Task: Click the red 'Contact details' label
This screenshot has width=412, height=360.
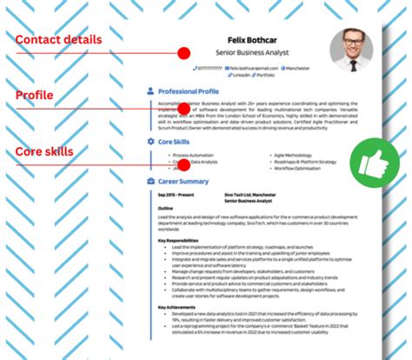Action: click(x=58, y=39)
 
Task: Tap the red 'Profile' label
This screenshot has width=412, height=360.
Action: click(x=34, y=95)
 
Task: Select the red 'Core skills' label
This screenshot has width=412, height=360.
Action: click(x=44, y=152)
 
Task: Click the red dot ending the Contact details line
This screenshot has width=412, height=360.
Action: click(x=183, y=53)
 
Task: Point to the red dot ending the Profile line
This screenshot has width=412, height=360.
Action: click(x=183, y=110)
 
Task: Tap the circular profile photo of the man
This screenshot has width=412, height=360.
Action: click(x=351, y=50)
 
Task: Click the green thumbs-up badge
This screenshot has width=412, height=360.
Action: click(x=372, y=161)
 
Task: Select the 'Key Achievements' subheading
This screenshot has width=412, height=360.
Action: click(x=176, y=306)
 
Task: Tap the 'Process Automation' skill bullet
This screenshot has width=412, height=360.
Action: click(x=193, y=155)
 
